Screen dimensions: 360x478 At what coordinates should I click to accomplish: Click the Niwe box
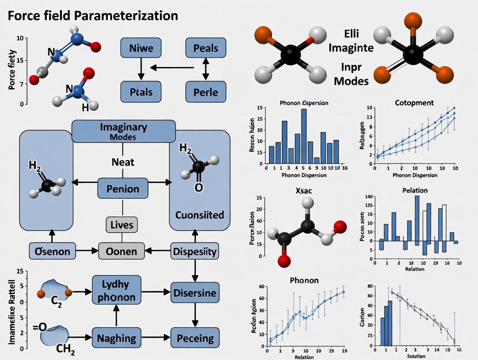point(141,48)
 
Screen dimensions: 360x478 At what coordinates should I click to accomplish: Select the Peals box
point(206,48)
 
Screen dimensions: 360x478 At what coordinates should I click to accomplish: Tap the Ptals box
point(141,92)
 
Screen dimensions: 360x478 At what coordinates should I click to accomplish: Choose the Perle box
point(206,92)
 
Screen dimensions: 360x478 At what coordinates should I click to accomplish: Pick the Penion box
point(123,189)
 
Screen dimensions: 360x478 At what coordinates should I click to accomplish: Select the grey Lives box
point(122,225)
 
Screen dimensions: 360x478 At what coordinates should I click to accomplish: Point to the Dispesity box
point(194,251)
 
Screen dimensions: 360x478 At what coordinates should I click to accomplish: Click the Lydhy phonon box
point(116,290)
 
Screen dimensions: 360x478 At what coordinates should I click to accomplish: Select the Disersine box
point(194,293)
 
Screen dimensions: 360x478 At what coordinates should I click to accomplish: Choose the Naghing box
point(116,338)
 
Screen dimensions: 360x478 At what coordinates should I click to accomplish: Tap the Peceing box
point(194,338)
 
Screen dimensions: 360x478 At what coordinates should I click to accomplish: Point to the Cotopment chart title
point(414,103)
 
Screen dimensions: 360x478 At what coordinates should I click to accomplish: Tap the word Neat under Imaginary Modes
point(123,162)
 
